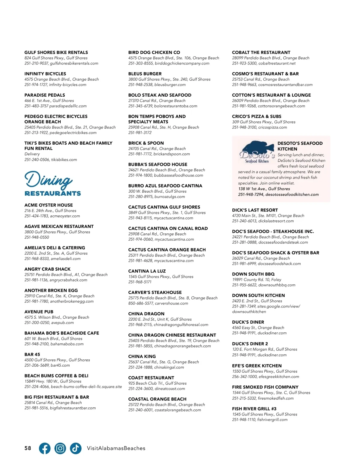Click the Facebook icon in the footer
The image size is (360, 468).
(45, 448)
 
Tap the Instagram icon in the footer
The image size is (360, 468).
(60, 448)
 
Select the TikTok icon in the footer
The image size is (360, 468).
(76, 448)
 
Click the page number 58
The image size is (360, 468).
(28, 448)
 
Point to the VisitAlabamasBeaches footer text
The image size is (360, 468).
(116, 448)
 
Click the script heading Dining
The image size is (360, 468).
(49, 179)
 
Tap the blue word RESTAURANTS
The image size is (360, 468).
(53, 193)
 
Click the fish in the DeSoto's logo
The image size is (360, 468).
(259, 148)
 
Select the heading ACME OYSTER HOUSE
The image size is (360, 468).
(49, 205)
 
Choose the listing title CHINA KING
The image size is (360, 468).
(142, 356)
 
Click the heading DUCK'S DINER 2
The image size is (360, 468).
(250, 344)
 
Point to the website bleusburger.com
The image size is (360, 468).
(170, 85)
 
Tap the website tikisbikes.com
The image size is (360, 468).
(64, 160)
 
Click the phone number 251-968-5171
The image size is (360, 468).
(140, 282)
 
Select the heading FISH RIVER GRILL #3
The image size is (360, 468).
(254, 409)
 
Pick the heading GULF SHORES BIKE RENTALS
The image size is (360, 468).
(56, 52)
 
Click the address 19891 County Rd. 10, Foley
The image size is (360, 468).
(256, 280)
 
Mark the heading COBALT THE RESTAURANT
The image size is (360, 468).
(261, 52)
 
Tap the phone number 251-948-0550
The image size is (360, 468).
(37, 237)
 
